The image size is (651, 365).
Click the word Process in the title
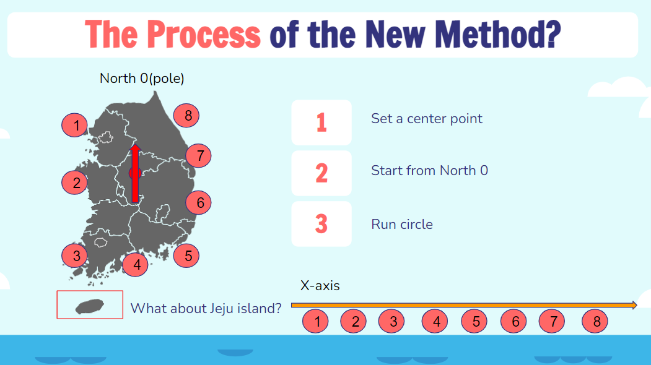204,35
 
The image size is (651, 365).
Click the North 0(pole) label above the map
142,79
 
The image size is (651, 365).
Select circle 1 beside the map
75,125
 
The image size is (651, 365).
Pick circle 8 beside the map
186,115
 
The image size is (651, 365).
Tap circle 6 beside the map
198,202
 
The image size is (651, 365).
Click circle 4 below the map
136,264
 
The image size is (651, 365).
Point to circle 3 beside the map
75,255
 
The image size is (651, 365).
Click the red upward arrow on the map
135,173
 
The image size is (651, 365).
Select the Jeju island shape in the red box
90,306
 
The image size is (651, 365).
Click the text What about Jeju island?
206,308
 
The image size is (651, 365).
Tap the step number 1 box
321,122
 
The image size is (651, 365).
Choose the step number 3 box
321,224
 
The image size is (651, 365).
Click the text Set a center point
427,119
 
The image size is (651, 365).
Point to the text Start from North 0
430,171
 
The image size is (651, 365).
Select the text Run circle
402,225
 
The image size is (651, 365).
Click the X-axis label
320,286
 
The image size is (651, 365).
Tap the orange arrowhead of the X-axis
634,305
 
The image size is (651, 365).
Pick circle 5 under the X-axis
474,321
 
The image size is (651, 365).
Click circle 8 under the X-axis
595,321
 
